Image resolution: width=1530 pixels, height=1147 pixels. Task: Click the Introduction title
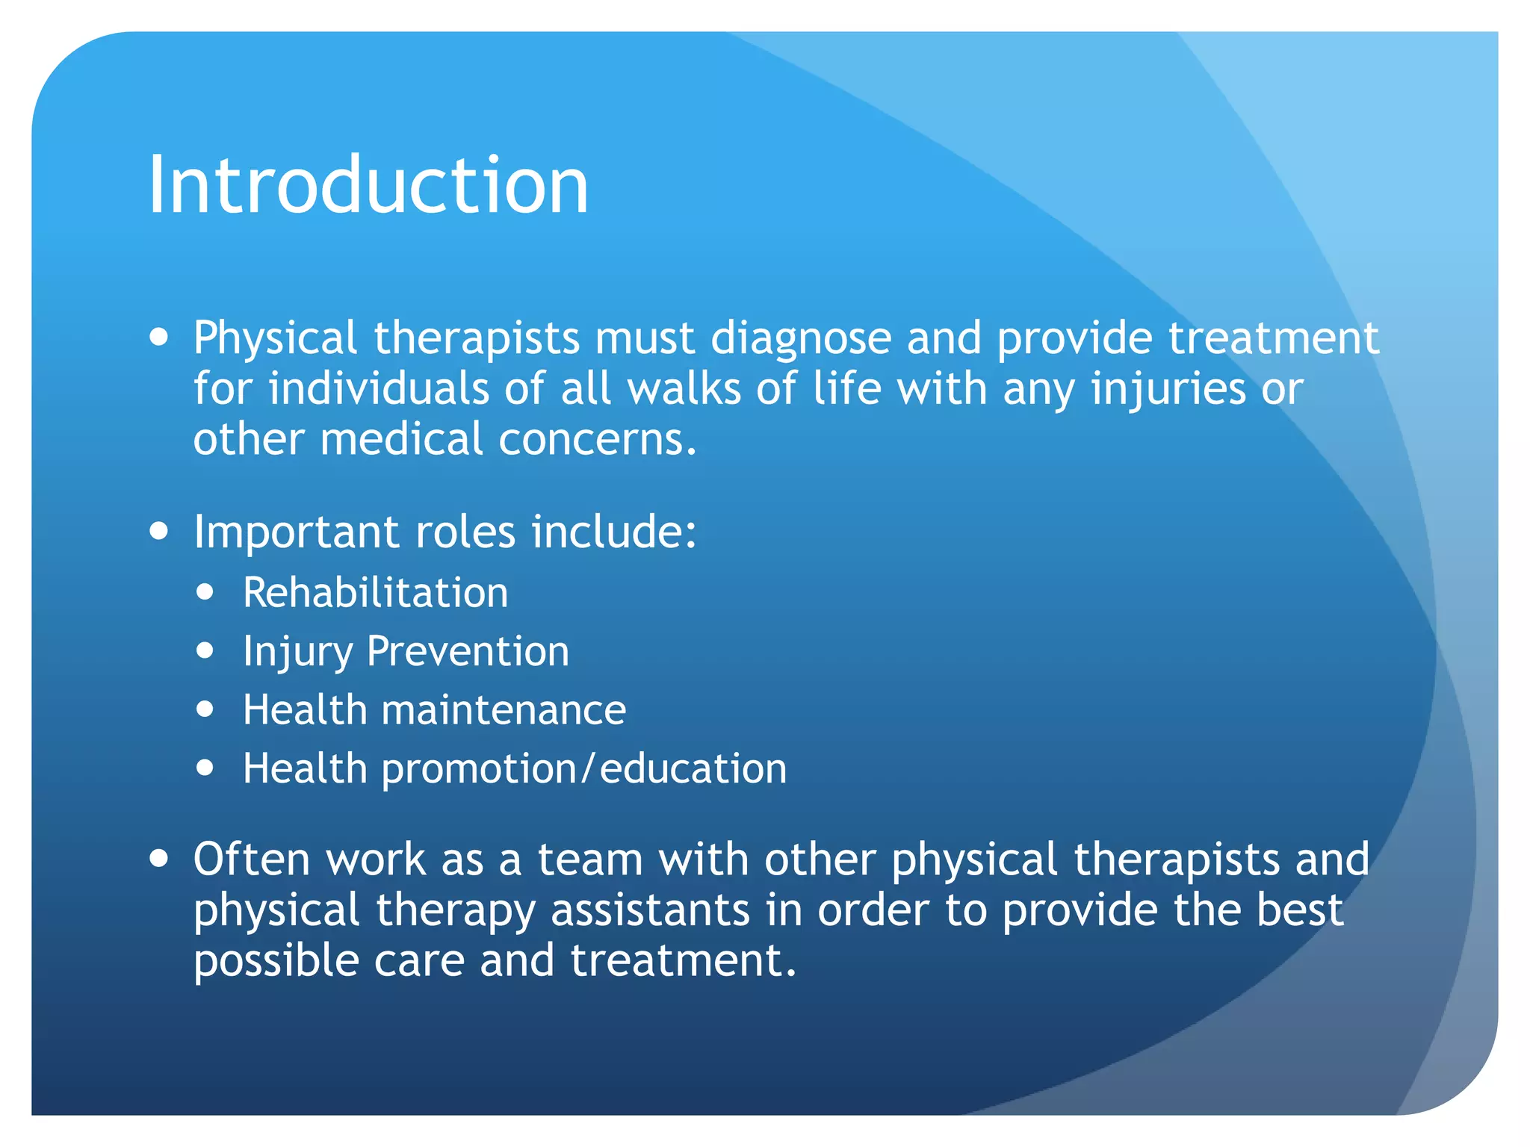pos(368,184)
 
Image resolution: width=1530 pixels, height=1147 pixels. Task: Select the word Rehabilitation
pos(375,593)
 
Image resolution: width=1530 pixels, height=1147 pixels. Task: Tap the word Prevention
pos(468,651)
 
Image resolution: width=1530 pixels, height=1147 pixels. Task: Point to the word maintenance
pos(504,709)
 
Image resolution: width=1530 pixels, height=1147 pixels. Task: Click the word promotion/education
pos(584,768)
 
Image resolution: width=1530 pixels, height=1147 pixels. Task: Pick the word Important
pos(296,532)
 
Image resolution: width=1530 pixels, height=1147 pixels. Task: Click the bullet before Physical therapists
pos(158,338)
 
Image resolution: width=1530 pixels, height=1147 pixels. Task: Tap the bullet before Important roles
pos(158,532)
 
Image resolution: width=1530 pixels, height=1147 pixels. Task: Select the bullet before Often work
pos(158,859)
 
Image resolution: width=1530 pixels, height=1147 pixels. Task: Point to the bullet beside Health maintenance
pos(205,709)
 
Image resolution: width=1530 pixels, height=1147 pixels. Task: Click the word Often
pos(252,859)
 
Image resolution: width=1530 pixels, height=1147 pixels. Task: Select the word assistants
pos(650,910)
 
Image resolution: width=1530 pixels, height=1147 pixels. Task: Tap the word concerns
pos(597,439)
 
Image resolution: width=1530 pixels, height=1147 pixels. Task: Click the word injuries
pos(1168,390)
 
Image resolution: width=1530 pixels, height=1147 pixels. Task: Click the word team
pos(590,859)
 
